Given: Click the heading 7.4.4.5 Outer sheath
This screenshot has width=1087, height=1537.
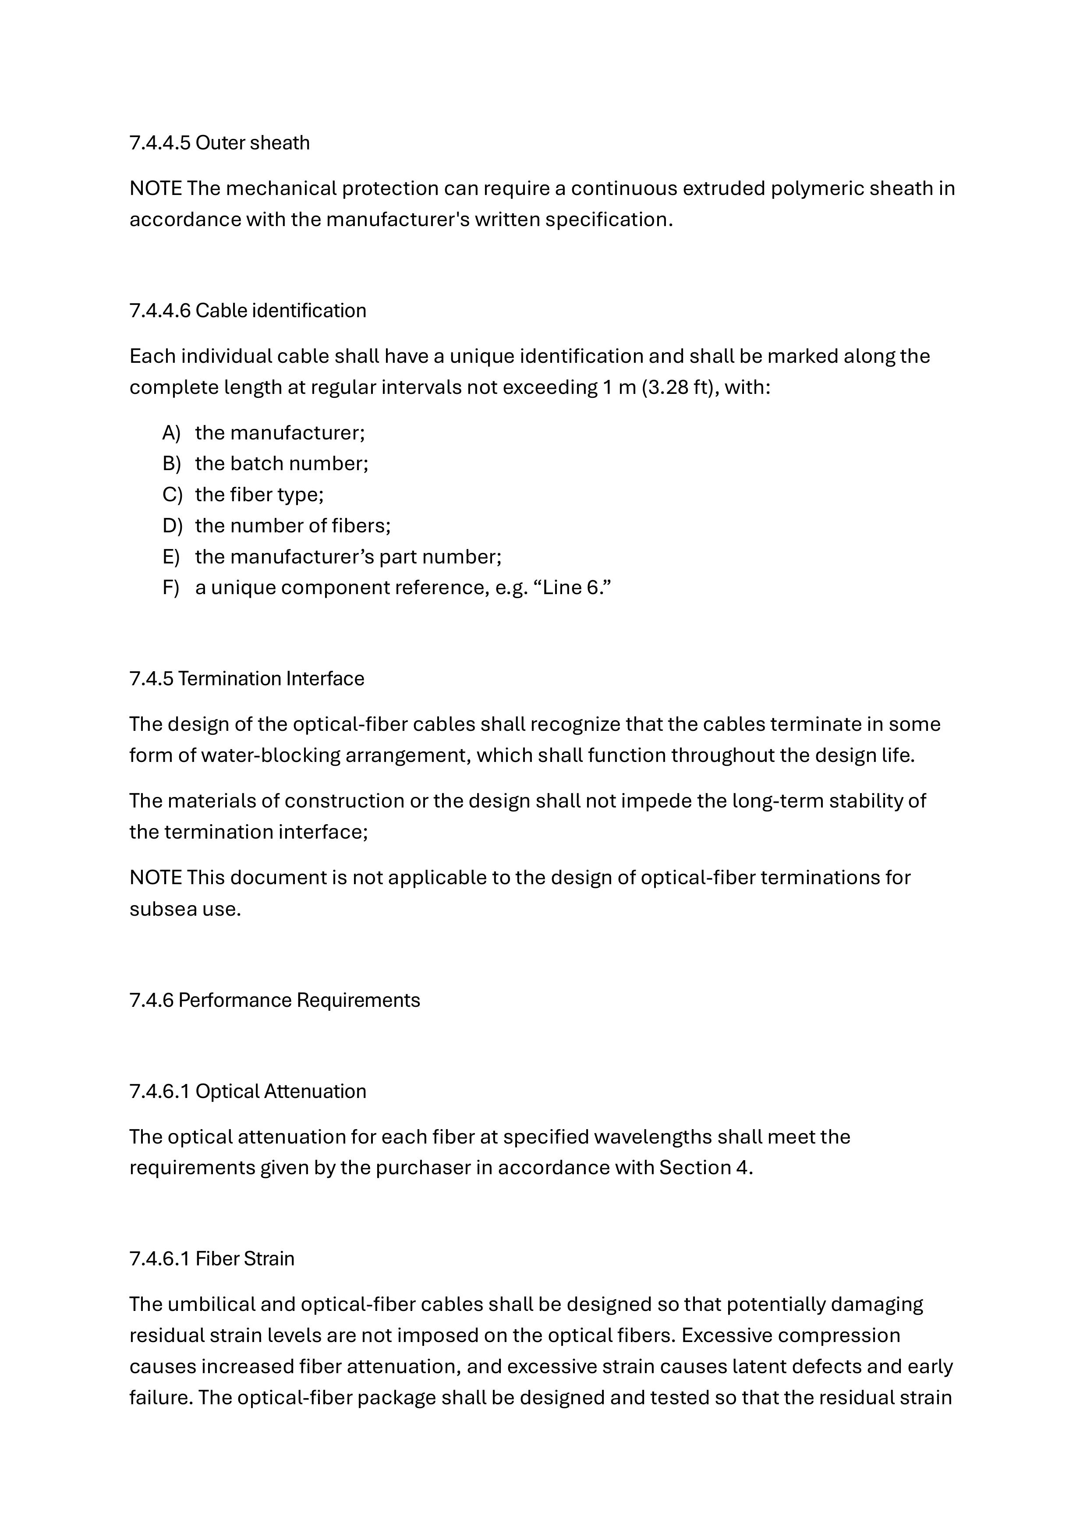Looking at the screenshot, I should [x=220, y=142].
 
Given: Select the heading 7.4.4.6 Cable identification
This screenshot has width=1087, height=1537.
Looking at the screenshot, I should [x=248, y=311].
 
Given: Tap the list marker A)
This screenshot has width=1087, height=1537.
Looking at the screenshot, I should [x=171, y=433].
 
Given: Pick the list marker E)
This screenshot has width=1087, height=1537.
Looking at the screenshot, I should [x=171, y=557].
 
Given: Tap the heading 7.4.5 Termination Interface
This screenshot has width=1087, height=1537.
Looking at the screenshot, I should [x=247, y=679].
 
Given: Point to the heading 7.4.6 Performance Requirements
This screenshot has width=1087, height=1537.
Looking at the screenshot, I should [x=274, y=1000].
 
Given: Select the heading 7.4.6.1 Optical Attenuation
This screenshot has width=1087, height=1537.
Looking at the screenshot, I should [x=248, y=1091].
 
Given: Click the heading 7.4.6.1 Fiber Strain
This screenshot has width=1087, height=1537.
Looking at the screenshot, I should [x=212, y=1258].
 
